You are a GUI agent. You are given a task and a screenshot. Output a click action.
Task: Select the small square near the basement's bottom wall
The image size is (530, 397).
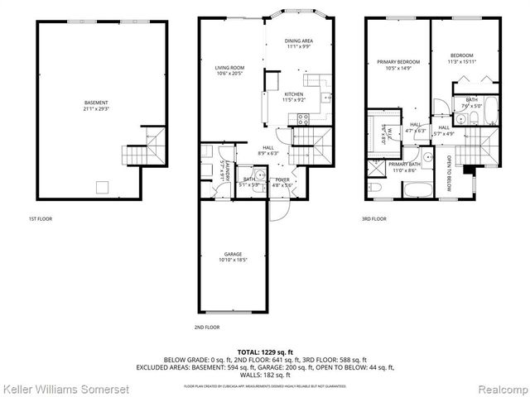(103, 186)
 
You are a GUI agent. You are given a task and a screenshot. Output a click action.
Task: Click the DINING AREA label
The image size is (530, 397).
(297, 41)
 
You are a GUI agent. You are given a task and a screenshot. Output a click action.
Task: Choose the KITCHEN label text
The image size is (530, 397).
(294, 94)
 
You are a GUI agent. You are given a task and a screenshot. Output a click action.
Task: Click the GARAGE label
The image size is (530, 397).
(234, 254)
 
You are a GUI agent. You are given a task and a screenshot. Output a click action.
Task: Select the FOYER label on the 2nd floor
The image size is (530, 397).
(282, 178)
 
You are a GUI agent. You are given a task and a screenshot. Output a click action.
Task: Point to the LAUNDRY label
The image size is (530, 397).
(225, 175)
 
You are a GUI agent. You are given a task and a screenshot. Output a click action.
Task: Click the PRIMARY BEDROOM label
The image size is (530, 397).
(397, 62)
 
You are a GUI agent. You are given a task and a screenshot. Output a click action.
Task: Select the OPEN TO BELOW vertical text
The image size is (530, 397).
(450, 173)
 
